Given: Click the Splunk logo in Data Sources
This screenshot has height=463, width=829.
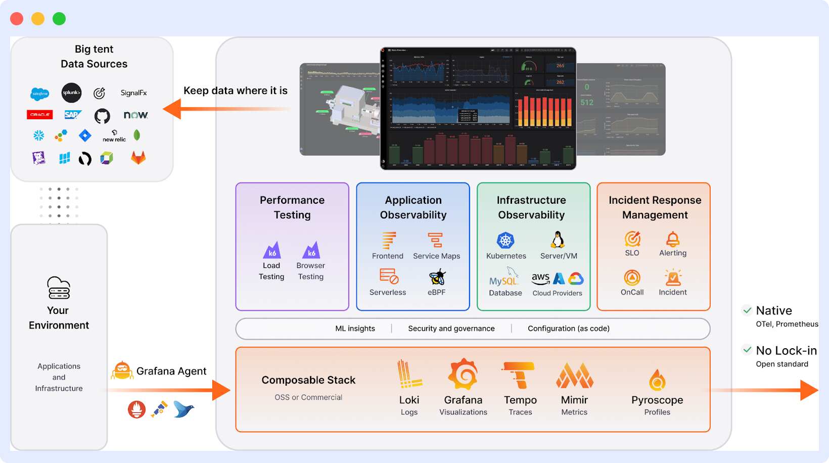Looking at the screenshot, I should [x=71, y=92].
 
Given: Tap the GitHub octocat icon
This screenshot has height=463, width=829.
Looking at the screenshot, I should [x=102, y=116].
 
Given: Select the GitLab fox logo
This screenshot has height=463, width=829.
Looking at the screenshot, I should [x=138, y=158].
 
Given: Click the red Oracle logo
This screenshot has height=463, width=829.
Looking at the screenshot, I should [x=40, y=115].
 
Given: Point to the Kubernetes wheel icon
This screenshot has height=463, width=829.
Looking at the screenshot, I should [x=505, y=241].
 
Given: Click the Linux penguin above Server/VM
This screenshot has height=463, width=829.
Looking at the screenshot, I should [x=558, y=240].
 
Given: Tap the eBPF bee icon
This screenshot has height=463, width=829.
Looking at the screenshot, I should [x=437, y=277].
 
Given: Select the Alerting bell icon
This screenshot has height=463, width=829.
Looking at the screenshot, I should [x=673, y=239].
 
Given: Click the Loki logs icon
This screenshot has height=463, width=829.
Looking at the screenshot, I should [x=408, y=375].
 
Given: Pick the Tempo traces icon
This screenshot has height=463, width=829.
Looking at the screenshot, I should [x=519, y=375].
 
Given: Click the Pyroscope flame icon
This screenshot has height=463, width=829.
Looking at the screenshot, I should [x=657, y=380].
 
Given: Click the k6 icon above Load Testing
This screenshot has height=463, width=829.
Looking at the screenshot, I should [x=272, y=251].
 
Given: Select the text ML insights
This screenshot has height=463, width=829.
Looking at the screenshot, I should [x=355, y=329].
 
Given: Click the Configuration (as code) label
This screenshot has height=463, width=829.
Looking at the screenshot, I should [x=568, y=329].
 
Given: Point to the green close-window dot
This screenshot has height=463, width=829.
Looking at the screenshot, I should [x=59, y=19].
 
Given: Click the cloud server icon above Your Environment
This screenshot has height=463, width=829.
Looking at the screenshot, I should [x=59, y=288].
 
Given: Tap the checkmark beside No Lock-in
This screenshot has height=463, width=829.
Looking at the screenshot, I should [x=747, y=350].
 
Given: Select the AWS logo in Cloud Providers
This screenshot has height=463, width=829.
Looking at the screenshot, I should [x=540, y=279].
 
